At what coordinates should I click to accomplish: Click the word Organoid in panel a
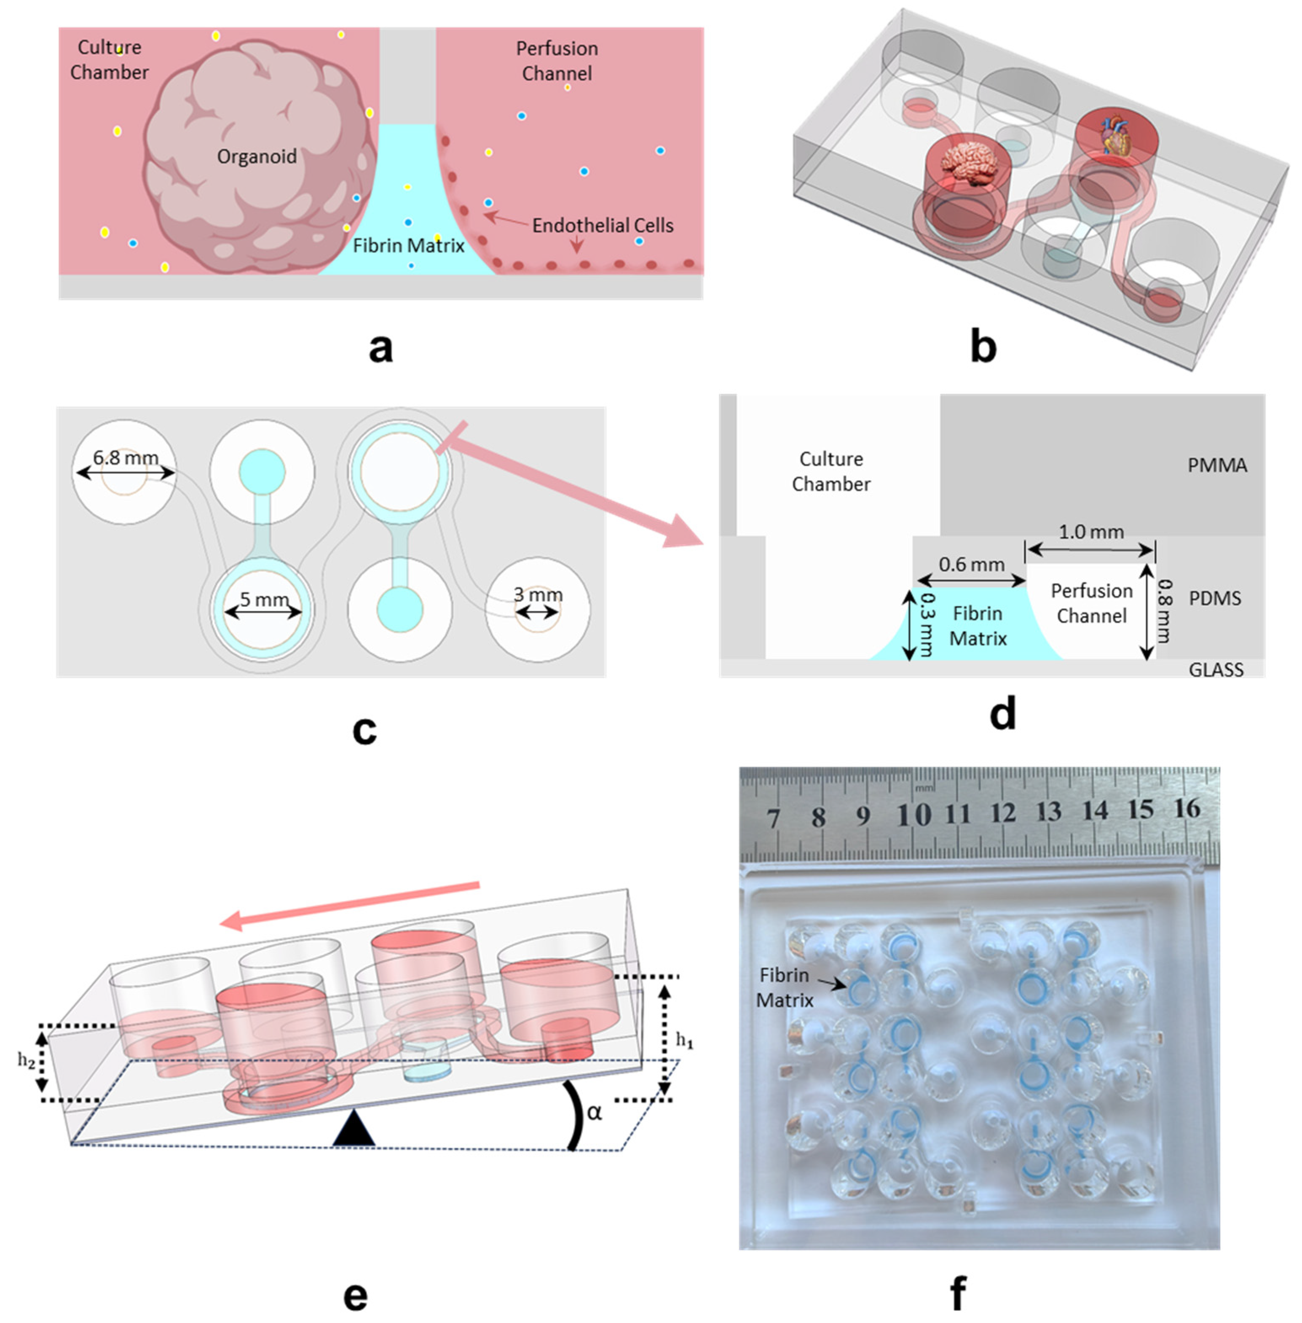[257, 157]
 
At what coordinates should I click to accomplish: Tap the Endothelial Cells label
[603, 226]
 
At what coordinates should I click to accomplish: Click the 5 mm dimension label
[264, 599]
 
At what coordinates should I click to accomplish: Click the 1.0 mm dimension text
[1091, 532]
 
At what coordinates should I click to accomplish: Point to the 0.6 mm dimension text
[971, 565]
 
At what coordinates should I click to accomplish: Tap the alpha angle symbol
[594, 1112]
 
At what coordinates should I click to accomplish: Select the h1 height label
[684, 1041]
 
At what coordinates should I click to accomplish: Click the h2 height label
[26, 1059]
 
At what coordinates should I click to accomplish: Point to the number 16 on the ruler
[1187, 808]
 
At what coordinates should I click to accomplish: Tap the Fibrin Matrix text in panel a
[408, 245]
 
